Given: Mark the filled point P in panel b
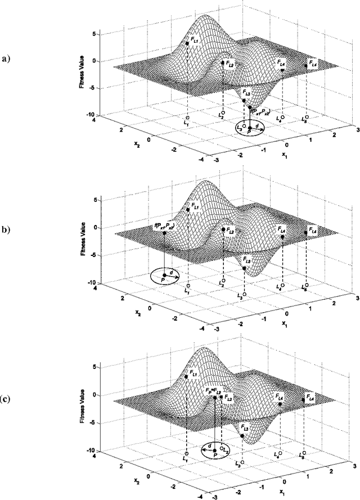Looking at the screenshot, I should click(x=164, y=275).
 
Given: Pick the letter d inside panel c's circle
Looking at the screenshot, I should click(x=209, y=444).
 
